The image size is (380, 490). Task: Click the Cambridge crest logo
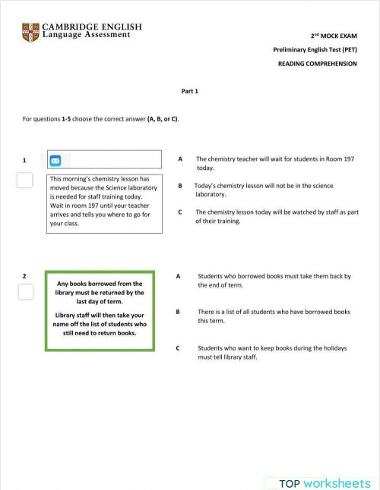click(x=30, y=33)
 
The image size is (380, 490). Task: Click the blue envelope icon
click(x=55, y=160)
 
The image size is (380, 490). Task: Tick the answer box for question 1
click(x=25, y=180)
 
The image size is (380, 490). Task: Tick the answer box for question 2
click(x=25, y=292)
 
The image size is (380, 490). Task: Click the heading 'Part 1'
click(x=189, y=91)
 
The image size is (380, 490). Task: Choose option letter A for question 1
click(x=180, y=159)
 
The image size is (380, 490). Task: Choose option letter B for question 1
click(x=180, y=186)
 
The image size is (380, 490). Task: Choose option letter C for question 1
click(x=180, y=212)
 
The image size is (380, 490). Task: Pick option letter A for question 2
click(x=178, y=276)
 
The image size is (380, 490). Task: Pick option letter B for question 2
click(x=178, y=311)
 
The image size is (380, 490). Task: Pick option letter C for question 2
click(x=178, y=348)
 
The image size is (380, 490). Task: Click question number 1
click(x=24, y=160)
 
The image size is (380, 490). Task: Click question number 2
click(x=24, y=276)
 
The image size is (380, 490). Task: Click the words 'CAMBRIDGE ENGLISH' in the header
click(x=92, y=27)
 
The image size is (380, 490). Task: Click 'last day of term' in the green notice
click(x=100, y=301)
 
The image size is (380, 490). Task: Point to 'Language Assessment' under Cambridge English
click(x=86, y=36)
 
